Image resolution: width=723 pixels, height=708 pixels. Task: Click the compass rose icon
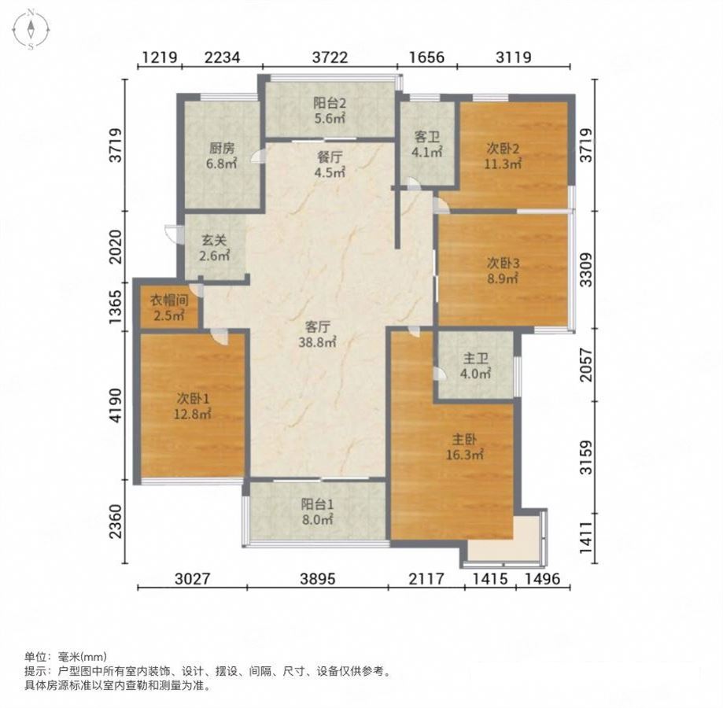click(31, 29)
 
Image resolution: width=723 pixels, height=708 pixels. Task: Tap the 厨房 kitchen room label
click(222, 149)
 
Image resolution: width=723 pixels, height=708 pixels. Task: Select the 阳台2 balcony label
click(329, 103)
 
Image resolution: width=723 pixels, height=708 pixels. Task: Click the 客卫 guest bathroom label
click(427, 137)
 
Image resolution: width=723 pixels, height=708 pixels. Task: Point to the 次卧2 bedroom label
click(503, 149)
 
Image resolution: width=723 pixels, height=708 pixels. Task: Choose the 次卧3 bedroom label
click(503, 264)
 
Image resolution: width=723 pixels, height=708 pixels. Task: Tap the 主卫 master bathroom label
click(475, 358)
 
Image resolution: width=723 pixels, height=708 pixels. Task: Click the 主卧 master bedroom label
click(464, 439)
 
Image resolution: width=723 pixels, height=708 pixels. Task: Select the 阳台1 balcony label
click(317, 504)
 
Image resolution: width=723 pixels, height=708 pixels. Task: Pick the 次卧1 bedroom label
click(192, 398)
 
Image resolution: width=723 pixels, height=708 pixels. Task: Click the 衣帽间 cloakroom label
click(169, 301)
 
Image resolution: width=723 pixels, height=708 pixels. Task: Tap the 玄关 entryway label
click(215, 240)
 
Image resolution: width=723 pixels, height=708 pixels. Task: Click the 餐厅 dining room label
click(330, 157)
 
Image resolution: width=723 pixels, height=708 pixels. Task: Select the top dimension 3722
click(330, 57)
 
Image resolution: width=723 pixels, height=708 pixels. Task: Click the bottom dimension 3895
click(318, 578)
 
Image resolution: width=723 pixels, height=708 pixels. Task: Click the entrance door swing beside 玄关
click(172, 233)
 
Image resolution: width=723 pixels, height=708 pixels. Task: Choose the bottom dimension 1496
click(543, 578)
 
